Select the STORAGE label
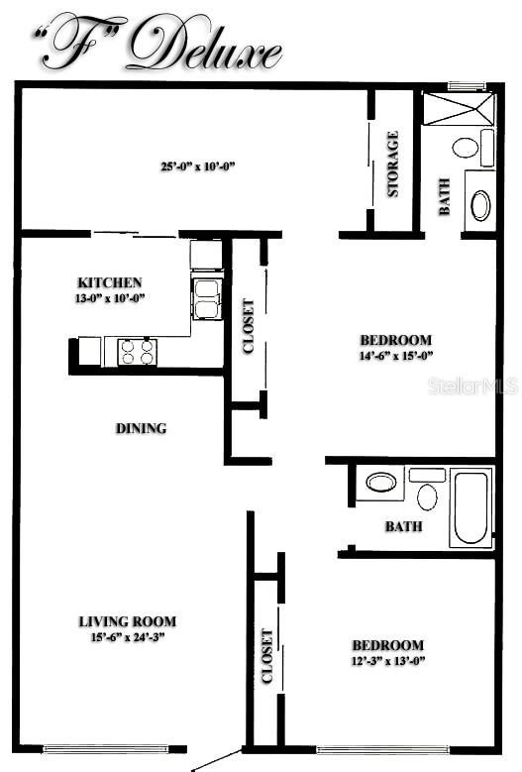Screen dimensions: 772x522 click(393, 164)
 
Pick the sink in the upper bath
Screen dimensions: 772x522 click(479, 205)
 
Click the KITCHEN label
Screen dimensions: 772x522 click(110, 282)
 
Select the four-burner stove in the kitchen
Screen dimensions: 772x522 click(138, 350)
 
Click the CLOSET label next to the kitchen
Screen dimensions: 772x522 click(249, 326)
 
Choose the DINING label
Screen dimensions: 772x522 click(141, 429)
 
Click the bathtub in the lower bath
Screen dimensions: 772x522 click(470, 508)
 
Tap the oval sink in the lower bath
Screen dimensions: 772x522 click(380, 483)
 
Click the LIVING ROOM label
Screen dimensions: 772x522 click(127, 621)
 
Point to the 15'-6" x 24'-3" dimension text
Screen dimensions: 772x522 click(127, 637)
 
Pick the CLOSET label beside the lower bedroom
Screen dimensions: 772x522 click(266, 656)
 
